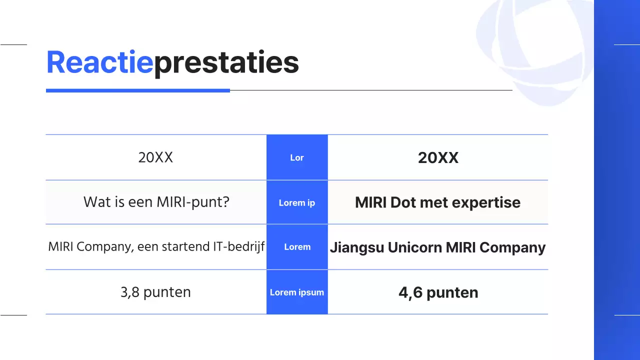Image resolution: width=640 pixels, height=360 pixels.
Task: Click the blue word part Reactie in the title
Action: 99,63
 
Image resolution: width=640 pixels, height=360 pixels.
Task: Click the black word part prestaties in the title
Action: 226,63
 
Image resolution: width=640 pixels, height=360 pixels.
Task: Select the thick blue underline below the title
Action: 137,90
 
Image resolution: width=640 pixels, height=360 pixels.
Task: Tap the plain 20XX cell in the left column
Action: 155,157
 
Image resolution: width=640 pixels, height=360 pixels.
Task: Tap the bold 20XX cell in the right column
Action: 438,158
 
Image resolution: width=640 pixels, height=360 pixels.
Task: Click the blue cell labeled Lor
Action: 297,157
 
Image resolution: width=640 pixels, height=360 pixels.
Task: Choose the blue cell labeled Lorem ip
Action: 297,202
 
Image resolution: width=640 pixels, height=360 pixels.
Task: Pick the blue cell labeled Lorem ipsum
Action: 297,292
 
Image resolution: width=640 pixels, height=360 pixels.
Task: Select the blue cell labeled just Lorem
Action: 297,247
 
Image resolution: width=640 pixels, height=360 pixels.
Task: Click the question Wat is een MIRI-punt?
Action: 156,202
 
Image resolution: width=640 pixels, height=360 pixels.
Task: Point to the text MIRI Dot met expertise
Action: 437,202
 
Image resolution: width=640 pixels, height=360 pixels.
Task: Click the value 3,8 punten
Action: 155,292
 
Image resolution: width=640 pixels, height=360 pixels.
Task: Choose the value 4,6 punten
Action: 438,292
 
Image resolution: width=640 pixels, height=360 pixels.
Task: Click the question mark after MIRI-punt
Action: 225,202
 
